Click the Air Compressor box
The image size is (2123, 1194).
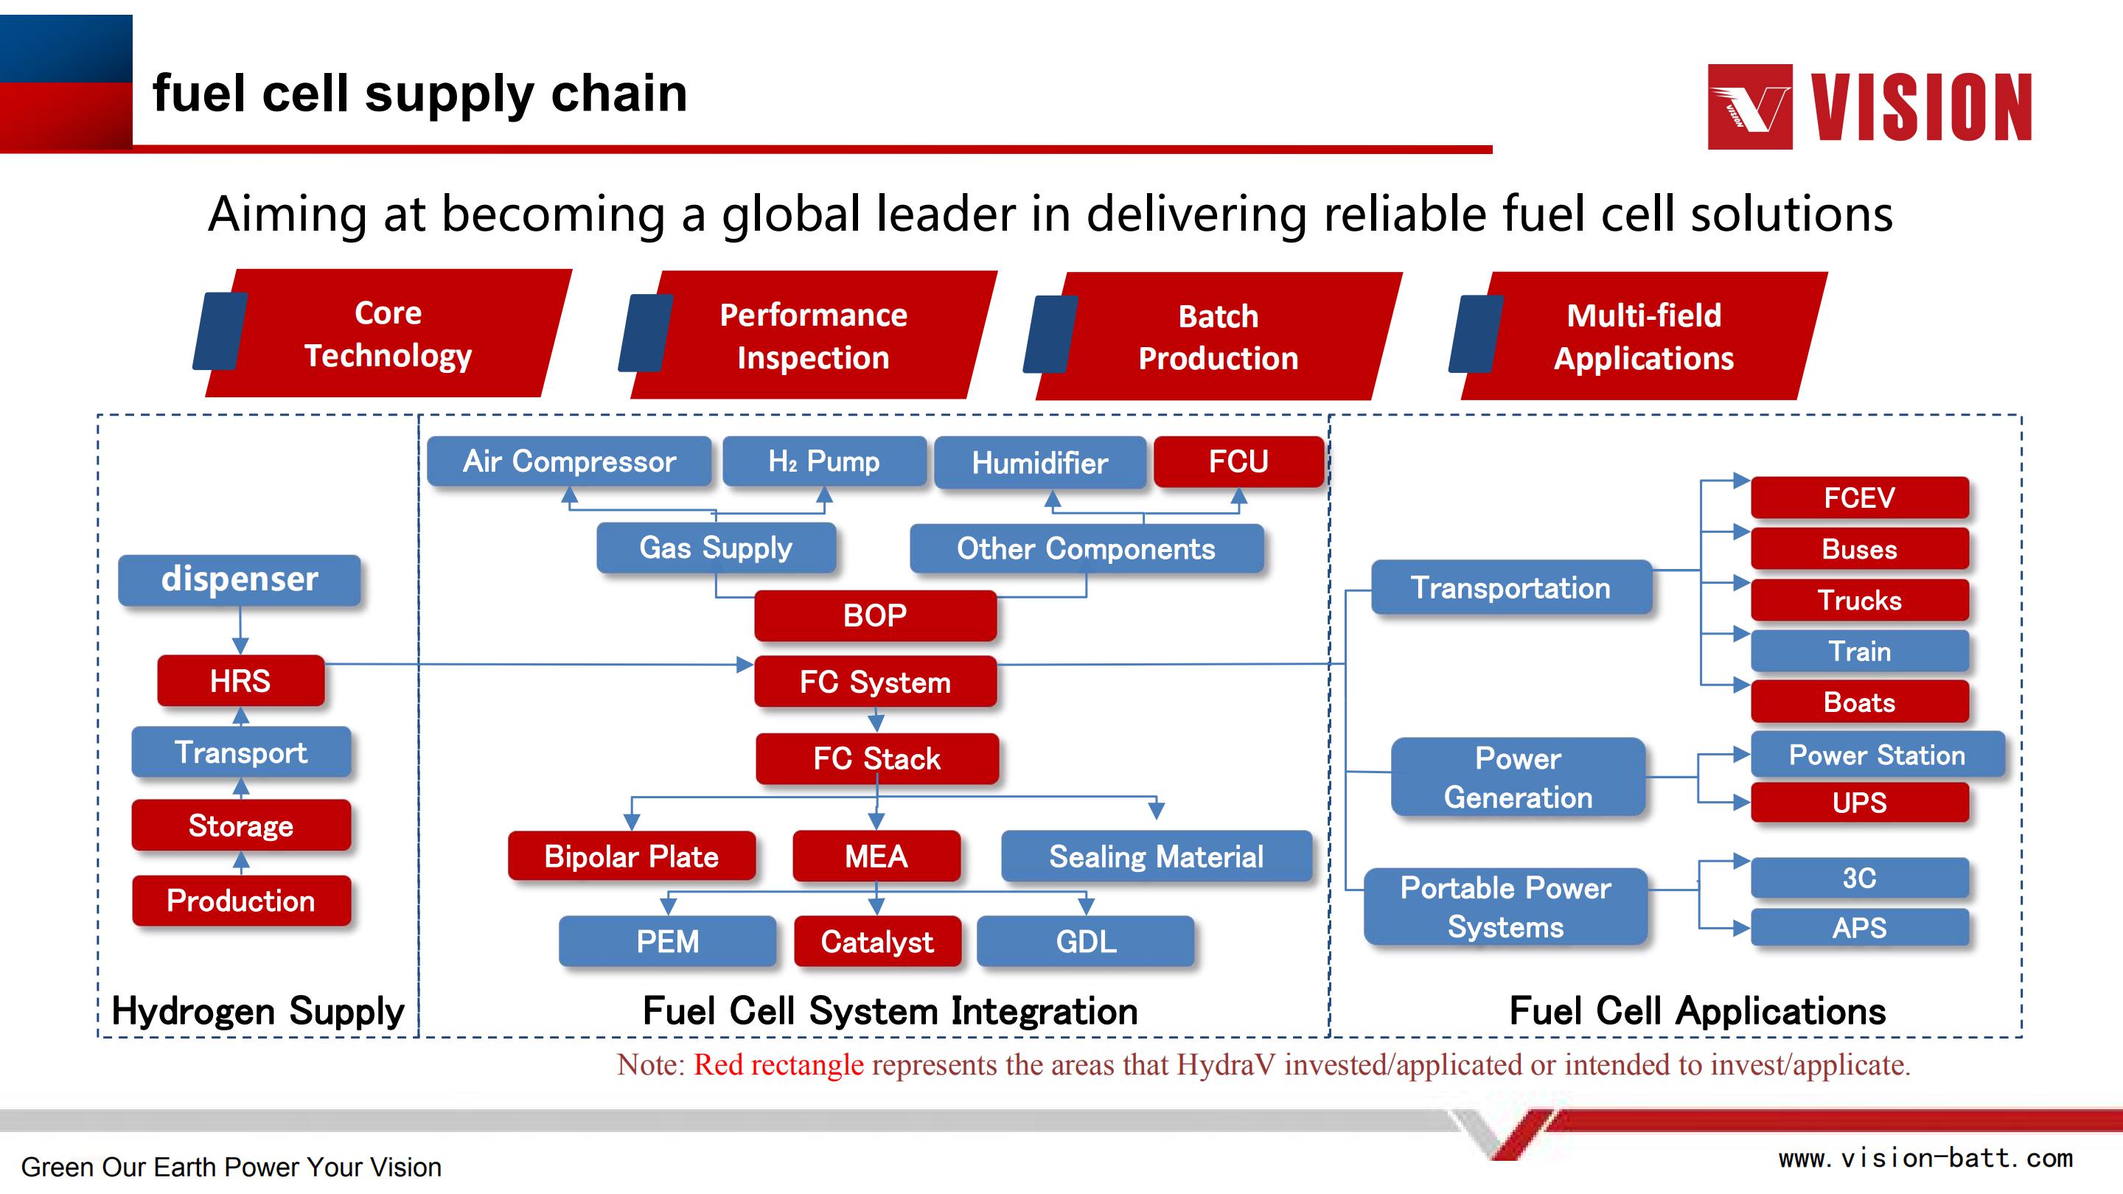[x=568, y=461]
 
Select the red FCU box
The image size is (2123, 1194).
[x=1238, y=461]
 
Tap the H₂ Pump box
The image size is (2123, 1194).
[x=824, y=461]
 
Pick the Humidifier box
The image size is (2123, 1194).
[x=1040, y=462]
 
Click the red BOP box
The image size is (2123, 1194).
[x=875, y=615]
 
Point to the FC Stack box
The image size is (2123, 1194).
[x=877, y=758]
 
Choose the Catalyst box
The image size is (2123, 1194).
[x=878, y=941]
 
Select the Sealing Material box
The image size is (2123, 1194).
[x=1157, y=856]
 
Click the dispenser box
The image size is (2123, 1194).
[x=239, y=580]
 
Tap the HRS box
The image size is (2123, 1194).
[x=240, y=680]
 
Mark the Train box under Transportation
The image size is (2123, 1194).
[x=1860, y=651]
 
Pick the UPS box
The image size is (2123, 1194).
[x=1860, y=802]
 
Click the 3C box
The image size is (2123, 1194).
[x=1860, y=878]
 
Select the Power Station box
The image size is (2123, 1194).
[x=1878, y=754]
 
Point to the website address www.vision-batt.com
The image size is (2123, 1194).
[x=1926, y=1158]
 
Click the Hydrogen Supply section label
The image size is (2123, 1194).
[x=258, y=1011]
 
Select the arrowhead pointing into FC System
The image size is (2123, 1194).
[x=745, y=664]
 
